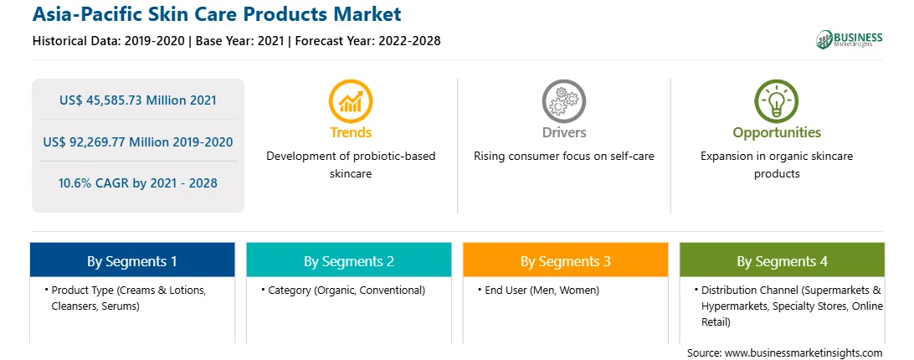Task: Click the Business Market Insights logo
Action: (x=850, y=39)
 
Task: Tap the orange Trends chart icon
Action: (x=351, y=101)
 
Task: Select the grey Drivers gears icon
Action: (x=563, y=101)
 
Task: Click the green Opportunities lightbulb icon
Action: (x=777, y=101)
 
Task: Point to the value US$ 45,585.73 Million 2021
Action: (x=137, y=100)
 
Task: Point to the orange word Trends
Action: (x=351, y=132)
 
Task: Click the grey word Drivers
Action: (x=564, y=132)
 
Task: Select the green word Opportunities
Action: (x=777, y=133)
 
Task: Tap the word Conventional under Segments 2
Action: (x=393, y=290)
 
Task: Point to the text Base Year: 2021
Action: (x=240, y=41)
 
